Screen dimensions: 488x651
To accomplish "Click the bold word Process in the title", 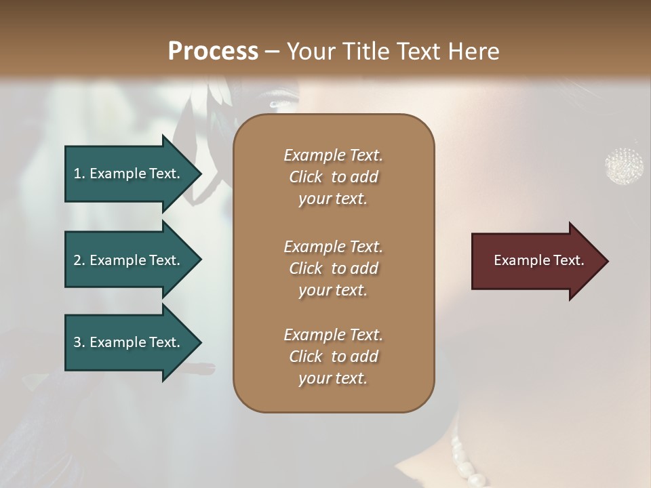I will (x=213, y=52).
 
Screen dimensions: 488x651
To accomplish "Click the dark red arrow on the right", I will (x=536, y=261).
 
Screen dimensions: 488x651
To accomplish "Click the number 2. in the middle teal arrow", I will (x=79, y=260).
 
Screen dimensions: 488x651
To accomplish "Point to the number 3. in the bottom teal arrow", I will (x=79, y=343).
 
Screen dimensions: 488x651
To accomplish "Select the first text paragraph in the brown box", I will (x=333, y=177).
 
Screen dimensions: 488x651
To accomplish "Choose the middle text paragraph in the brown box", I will (x=333, y=268).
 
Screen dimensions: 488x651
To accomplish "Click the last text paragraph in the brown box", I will (x=333, y=357).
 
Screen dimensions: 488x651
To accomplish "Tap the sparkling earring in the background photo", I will (x=624, y=165).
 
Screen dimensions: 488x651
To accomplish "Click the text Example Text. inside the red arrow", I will (x=538, y=260).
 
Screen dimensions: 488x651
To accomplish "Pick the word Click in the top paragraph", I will (x=305, y=177).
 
